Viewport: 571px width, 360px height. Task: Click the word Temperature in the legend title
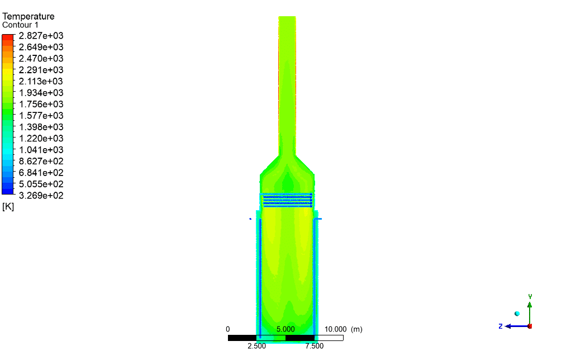(28, 16)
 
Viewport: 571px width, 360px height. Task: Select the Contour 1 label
(20, 25)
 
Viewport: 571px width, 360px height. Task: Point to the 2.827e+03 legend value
(41, 36)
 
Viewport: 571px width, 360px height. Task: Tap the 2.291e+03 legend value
(41, 70)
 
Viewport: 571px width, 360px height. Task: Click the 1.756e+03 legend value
(41, 104)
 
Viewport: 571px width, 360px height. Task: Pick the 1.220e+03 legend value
(41, 139)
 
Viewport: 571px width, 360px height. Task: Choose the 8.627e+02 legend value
(41, 161)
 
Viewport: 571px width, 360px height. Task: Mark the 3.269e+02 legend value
(41, 195)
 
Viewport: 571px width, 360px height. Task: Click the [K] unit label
(8, 207)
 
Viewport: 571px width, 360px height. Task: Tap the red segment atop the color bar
(8, 37)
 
